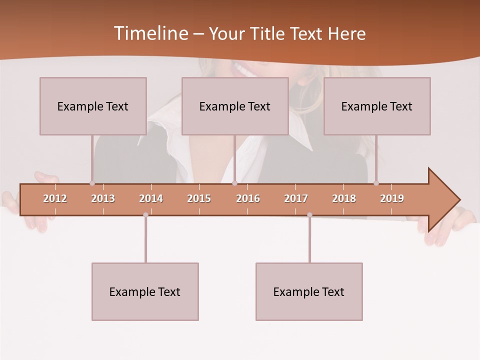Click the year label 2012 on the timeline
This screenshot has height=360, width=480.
(x=55, y=198)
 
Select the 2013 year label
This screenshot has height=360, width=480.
(x=103, y=198)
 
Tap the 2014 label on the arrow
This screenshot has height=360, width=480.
(x=151, y=198)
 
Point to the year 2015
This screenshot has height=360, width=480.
(x=199, y=198)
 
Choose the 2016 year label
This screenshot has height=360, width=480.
(x=248, y=198)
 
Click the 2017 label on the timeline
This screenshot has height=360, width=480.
(x=296, y=198)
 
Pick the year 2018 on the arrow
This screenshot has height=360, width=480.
(x=344, y=198)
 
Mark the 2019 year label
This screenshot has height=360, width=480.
(x=392, y=198)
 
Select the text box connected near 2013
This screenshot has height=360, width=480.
(x=93, y=106)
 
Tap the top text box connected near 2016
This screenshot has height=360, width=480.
(x=235, y=106)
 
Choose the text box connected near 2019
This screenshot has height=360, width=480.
(x=377, y=106)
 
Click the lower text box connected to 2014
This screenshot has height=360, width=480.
(x=145, y=291)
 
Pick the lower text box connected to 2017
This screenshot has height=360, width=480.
(x=309, y=291)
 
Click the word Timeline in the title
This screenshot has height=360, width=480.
(x=150, y=33)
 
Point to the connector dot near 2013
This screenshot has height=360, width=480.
(x=92, y=183)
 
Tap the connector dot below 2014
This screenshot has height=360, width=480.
(x=145, y=215)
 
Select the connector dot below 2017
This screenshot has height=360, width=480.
(x=309, y=215)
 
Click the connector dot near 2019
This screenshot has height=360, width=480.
(x=376, y=183)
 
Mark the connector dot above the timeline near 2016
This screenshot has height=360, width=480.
(x=234, y=183)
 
